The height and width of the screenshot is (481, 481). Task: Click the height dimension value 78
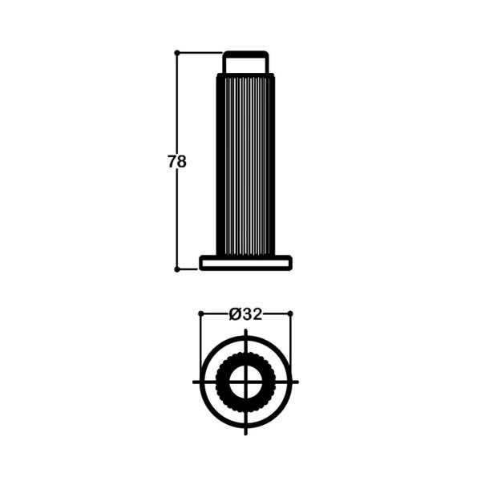(177, 161)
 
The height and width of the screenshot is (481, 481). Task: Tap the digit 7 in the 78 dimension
(172, 161)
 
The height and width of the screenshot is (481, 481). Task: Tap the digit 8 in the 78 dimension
(182, 161)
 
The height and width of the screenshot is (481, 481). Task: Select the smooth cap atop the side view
(245, 62)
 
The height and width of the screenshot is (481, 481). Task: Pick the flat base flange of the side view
(245, 261)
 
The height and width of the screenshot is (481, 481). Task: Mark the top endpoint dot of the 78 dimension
(177, 53)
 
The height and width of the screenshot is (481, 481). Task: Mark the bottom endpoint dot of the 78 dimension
(177, 269)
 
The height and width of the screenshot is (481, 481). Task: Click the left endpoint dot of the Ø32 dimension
(200, 313)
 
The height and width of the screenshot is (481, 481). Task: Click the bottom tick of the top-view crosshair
(245, 428)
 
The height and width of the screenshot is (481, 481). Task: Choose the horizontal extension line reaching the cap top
(200, 53)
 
